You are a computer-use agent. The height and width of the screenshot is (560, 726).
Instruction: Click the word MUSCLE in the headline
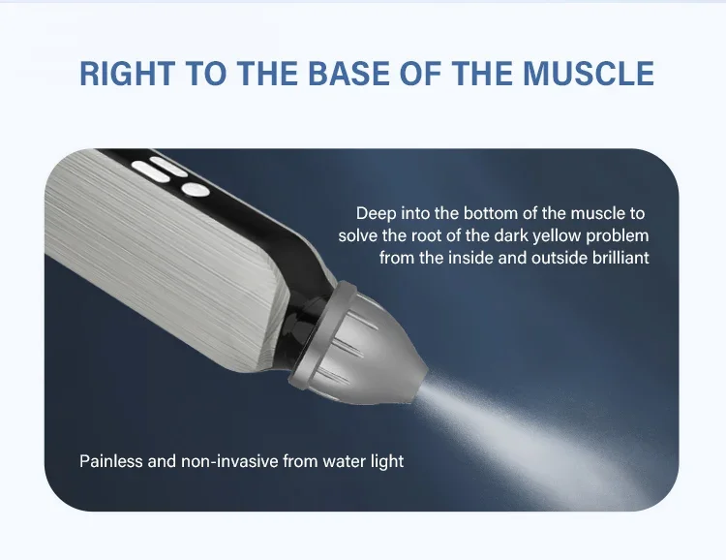click(x=589, y=74)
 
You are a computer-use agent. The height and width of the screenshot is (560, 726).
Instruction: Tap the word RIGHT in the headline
click(x=128, y=74)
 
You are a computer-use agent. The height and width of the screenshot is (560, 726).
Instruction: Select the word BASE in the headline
click(x=349, y=74)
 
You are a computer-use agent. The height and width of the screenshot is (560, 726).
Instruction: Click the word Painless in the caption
click(x=111, y=461)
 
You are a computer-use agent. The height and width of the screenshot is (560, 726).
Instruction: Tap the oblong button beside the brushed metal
click(x=150, y=171)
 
